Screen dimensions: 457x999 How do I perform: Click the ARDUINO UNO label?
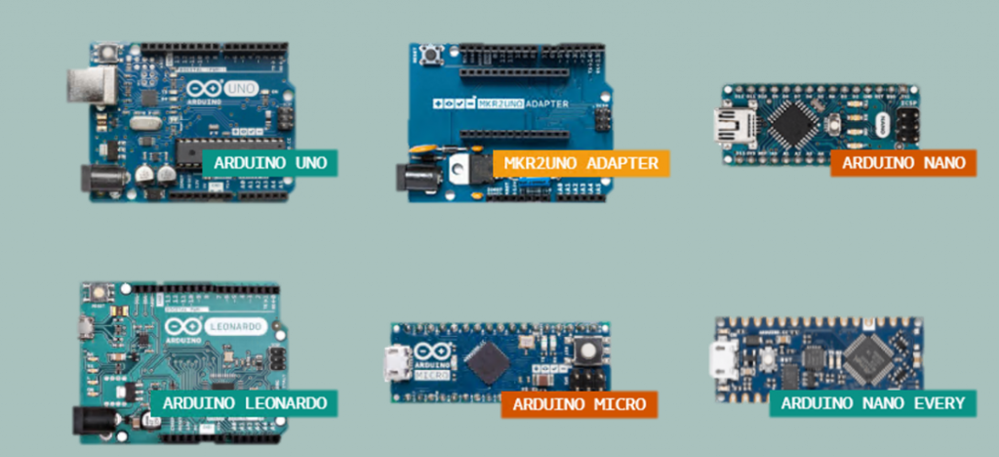pos(264,161)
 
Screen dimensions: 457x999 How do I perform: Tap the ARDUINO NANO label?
pos(902,162)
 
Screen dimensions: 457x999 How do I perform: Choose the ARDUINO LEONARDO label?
pos(244,402)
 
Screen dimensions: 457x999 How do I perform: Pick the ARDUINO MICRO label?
pos(579,403)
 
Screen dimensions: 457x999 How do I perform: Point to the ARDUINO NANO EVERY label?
pos(871,403)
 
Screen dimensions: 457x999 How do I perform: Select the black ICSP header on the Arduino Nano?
pos(905,123)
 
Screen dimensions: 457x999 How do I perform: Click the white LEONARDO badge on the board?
pos(237,327)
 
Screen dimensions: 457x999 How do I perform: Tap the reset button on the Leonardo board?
pos(97,291)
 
